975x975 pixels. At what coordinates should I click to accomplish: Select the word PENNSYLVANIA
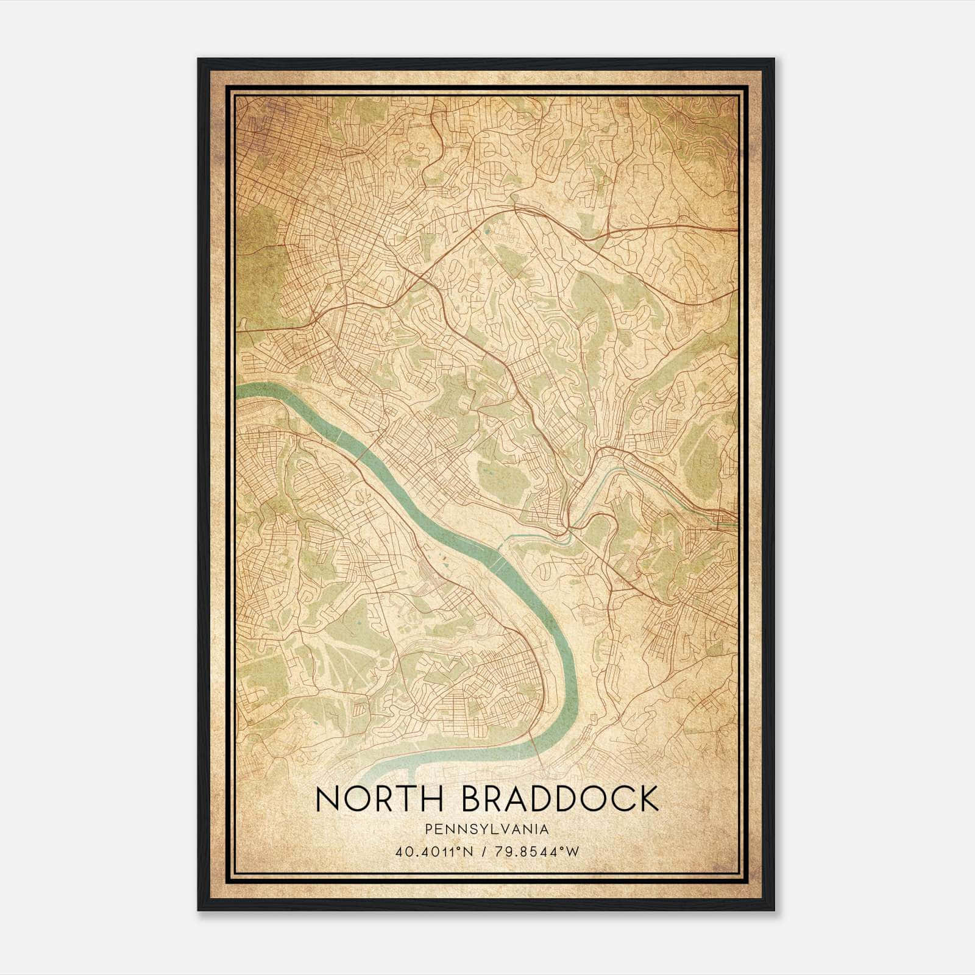point(486,829)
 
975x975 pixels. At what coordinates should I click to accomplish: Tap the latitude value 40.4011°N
point(433,851)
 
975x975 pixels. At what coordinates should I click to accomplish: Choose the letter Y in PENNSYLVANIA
point(470,829)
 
